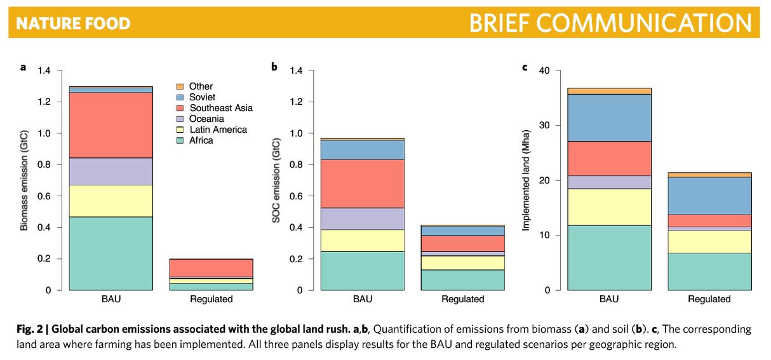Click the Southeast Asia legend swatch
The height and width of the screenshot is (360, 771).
(x=180, y=108)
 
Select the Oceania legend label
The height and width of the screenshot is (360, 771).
(x=206, y=119)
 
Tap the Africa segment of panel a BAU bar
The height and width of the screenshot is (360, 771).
(x=111, y=253)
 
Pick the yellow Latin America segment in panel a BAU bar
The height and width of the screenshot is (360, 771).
(x=111, y=201)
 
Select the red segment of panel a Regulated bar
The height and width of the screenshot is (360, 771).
(x=211, y=268)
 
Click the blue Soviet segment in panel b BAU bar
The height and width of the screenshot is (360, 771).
(x=363, y=150)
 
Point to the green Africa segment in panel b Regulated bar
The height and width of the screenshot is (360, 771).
(x=463, y=280)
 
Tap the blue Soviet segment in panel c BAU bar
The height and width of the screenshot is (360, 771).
(x=609, y=117)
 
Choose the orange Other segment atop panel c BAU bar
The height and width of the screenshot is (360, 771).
(x=609, y=91)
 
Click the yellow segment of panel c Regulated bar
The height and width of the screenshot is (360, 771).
(x=709, y=241)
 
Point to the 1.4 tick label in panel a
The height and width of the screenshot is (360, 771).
(x=44, y=70)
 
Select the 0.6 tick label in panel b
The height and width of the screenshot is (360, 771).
(x=296, y=196)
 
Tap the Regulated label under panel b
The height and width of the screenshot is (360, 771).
(x=463, y=299)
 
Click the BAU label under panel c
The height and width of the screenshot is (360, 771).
(x=609, y=299)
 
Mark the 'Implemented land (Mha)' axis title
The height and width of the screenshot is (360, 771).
(x=526, y=180)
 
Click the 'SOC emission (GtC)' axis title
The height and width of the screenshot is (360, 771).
(x=276, y=180)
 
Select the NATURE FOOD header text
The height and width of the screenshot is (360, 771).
(x=73, y=24)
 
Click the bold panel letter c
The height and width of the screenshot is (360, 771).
(x=525, y=67)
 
